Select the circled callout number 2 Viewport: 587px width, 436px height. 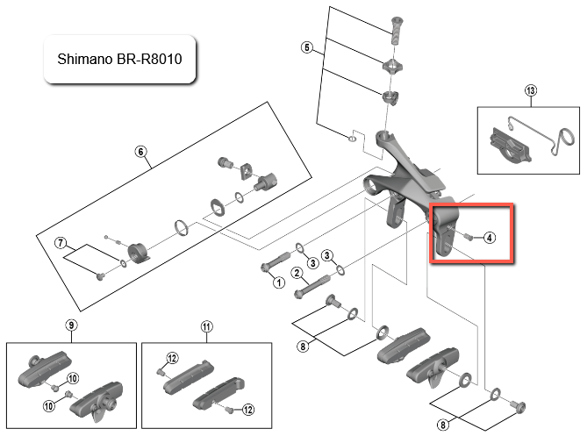pos(297,273)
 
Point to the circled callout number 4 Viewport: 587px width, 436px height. pos(489,237)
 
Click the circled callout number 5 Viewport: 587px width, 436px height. pos(306,46)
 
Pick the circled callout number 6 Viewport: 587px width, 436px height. pos(140,151)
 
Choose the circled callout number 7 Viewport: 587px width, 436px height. pos(61,243)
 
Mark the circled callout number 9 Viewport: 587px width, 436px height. pos(70,326)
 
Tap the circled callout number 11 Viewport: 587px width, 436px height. pos(206,326)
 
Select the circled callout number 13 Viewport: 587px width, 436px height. pos(530,90)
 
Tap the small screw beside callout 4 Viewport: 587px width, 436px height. pos(469,237)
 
